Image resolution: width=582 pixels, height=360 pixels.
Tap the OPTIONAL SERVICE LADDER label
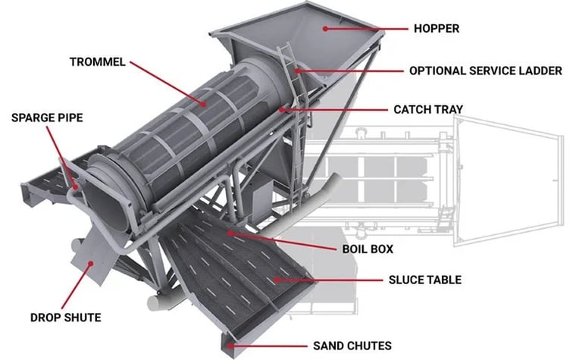coord(485,70)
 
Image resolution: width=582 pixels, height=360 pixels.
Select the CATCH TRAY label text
coord(427,109)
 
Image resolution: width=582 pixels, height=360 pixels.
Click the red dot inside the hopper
coord(326,29)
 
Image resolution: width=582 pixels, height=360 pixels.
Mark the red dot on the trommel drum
coord(203,102)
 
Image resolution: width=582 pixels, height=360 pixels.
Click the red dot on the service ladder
coord(297,70)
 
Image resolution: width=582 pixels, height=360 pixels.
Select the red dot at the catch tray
coord(283,109)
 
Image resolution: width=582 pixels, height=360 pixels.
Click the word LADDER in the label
coord(540,70)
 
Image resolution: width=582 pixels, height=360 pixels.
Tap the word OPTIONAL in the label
coord(435,70)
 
